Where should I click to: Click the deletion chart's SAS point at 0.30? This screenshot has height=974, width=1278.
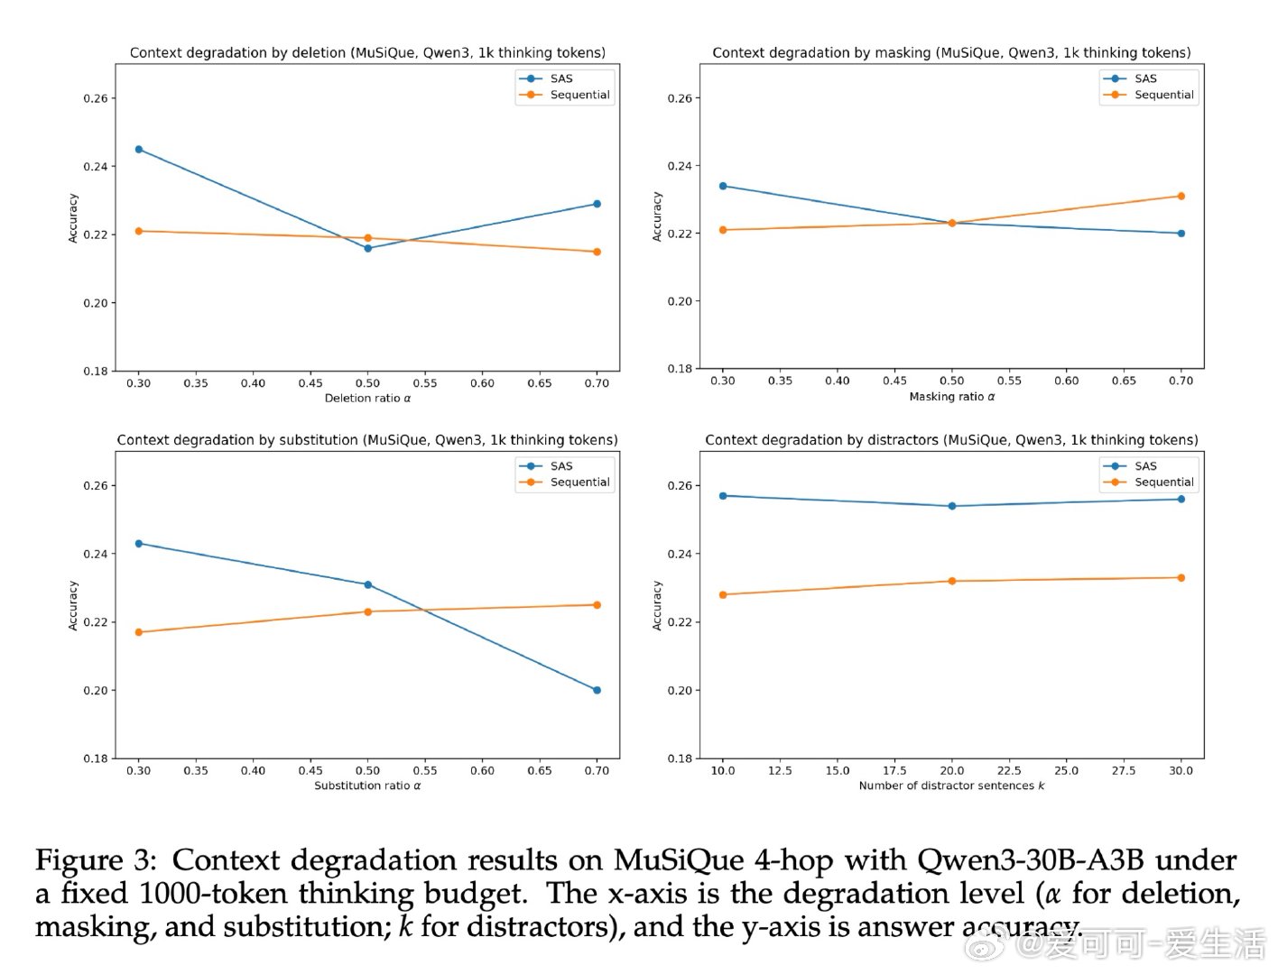pyautogui.click(x=139, y=150)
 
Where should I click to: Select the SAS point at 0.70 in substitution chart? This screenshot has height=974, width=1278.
pyautogui.click(x=597, y=691)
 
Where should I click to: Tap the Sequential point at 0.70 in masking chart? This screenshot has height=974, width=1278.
pyautogui.click(x=1181, y=197)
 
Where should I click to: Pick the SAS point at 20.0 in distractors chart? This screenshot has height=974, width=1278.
pyautogui.click(x=951, y=507)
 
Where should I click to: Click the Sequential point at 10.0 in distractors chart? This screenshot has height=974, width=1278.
pyautogui.click(x=723, y=595)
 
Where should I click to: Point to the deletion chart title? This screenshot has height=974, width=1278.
pyautogui.click(x=367, y=53)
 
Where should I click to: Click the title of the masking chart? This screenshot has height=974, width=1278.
pyautogui.click(x=951, y=53)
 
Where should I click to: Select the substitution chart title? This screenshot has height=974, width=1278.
pyautogui.click(x=367, y=440)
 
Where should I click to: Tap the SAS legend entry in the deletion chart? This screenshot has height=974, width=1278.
pyautogui.click(x=560, y=79)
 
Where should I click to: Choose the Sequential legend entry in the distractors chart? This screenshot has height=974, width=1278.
pyautogui.click(x=1163, y=482)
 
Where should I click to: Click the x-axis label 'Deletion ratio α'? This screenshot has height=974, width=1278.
pyautogui.click(x=367, y=399)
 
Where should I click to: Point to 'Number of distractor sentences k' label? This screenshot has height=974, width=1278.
pyautogui.click(x=951, y=786)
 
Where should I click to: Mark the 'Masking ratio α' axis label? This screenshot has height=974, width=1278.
pyautogui.click(x=951, y=397)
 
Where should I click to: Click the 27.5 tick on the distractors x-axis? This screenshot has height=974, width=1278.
pyautogui.click(x=1124, y=771)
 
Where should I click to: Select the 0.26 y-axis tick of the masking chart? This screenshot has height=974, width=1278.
pyautogui.click(x=680, y=98)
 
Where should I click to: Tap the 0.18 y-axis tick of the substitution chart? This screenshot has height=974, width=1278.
pyautogui.click(x=96, y=759)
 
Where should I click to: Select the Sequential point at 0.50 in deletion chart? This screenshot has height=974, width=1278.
pyautogui.click(x=367, y=238)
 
